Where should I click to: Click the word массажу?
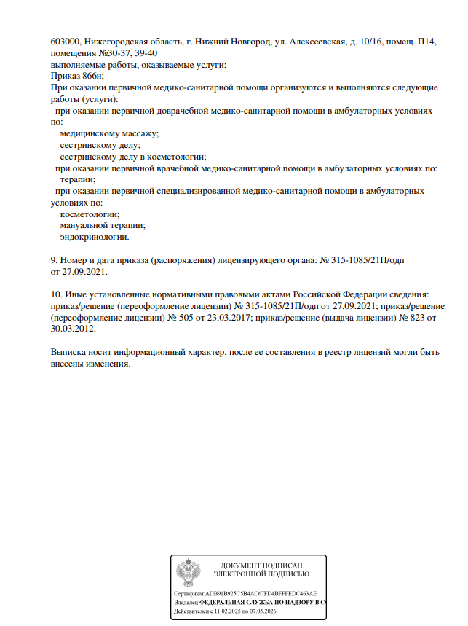tap(140, 134)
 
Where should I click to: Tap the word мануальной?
tap(87, 225)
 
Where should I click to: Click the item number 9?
tap(54, 260)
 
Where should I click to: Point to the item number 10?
tap(56, 294)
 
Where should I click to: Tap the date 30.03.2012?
tap(73, 329)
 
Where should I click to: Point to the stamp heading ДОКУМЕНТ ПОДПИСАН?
tap(261, 566)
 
